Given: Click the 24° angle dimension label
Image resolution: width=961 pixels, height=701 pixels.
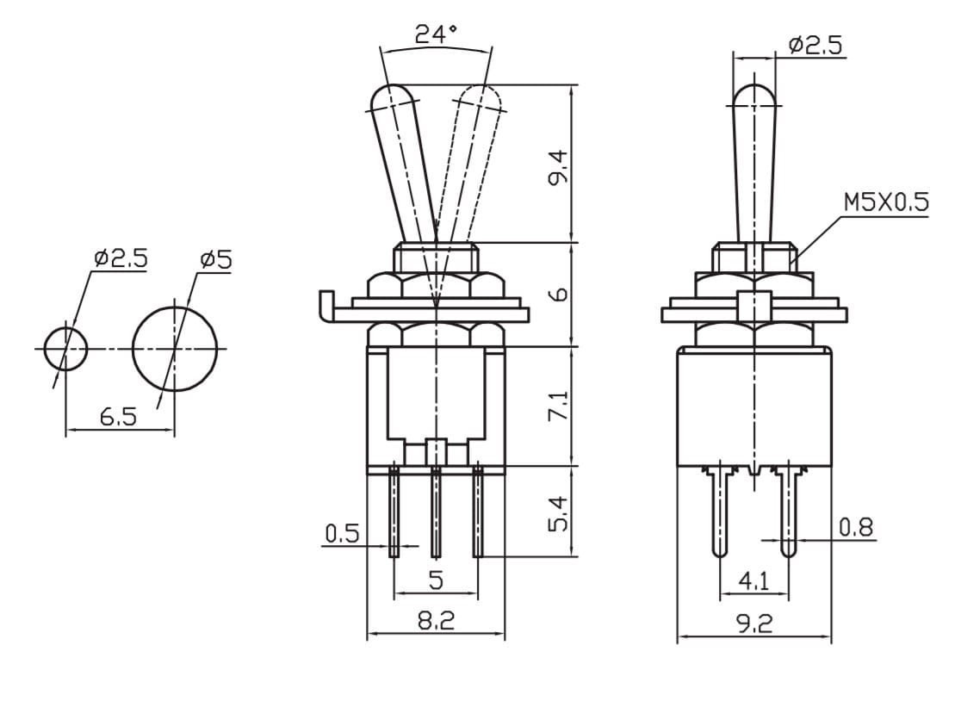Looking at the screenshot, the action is click(x=436, y=34).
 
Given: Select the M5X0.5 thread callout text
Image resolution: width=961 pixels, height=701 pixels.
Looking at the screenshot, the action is click(x=886, y=202).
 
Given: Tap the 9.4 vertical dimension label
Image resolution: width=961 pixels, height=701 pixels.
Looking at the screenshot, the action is click(x=560, y=167).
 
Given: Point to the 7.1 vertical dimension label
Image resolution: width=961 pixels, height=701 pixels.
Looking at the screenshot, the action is click(x=560, y=405).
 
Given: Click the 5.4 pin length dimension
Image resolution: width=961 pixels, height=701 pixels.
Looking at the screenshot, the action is click(x=560, y=513).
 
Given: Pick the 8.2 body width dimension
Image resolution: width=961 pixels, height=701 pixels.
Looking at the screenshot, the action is click(x=437, y=622).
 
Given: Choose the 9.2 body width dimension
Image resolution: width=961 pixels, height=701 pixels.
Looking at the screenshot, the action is click(x=754, y=623).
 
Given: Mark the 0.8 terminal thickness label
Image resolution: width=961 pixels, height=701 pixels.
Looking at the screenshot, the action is click(x=856, y=527).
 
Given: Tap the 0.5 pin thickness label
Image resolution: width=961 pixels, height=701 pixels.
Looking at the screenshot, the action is click(x=342, y=534).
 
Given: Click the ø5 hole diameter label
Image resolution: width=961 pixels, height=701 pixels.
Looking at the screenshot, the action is click(x=216, y=260).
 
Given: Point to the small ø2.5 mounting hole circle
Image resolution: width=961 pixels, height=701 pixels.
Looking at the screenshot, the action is click(x=65, y=349).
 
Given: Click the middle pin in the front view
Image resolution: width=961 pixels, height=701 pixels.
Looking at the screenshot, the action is click(x=436, y=512).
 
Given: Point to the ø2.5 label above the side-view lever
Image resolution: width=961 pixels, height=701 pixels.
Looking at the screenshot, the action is click(x=815, y=45).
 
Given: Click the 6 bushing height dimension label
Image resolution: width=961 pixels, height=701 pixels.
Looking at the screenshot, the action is click(x=560, y=295).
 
